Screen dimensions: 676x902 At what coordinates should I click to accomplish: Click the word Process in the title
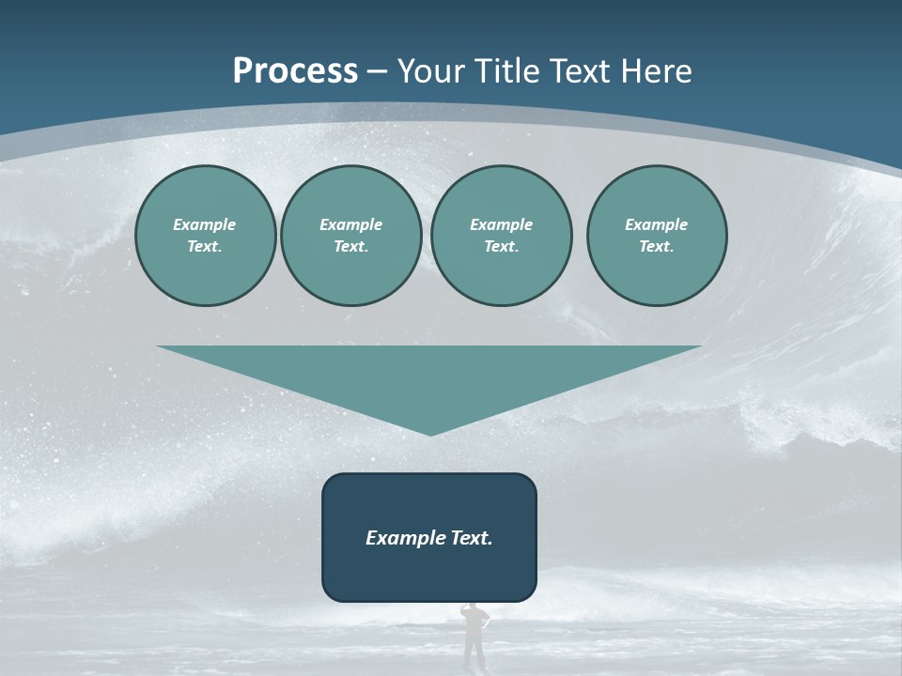tap(295, 71)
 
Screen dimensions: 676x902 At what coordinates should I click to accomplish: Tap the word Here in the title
tap(655, 71)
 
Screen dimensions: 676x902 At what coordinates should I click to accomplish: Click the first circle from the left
tap(205, 236)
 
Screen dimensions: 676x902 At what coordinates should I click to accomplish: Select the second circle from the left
tap(350, 236)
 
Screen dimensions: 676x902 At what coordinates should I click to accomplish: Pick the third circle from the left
tap(501, 236)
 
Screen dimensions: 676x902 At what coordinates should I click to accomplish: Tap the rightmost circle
tap(656, 236)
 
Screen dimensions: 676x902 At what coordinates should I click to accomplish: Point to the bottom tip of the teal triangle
tap(430, 435)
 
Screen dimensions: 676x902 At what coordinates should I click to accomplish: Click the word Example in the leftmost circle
tap(205, 224)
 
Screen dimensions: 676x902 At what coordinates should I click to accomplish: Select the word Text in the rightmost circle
tap(656, 247)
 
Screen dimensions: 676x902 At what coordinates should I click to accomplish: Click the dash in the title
tap(377, 71)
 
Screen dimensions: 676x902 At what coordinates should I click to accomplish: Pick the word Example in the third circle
tap(501, 224)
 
